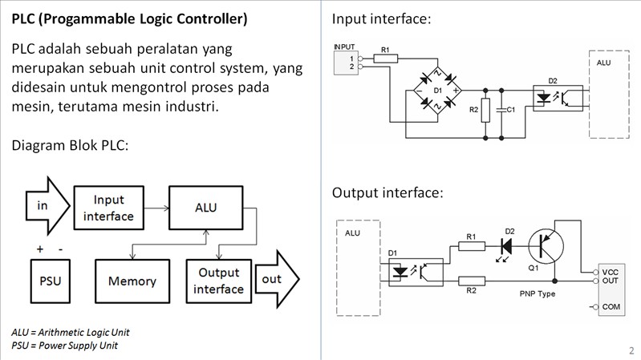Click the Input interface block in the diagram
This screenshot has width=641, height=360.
(109, 208)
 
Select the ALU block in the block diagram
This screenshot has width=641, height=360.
(205, 208)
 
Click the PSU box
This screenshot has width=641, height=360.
(50, 281)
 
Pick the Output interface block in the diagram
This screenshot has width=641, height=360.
(218, 281)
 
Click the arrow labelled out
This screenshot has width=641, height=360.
(274, 280)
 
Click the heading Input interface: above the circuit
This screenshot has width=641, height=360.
(382, 18)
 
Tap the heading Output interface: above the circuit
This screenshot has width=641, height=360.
(387, 193)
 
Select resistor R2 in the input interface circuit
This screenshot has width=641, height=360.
(485, 109)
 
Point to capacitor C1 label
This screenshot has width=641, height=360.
(510, 110)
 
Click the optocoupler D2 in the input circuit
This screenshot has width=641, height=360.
(553, 99)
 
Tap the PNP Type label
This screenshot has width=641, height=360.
(537, 293)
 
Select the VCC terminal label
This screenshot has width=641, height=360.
(610, 272)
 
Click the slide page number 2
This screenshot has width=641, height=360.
(631, 350)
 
